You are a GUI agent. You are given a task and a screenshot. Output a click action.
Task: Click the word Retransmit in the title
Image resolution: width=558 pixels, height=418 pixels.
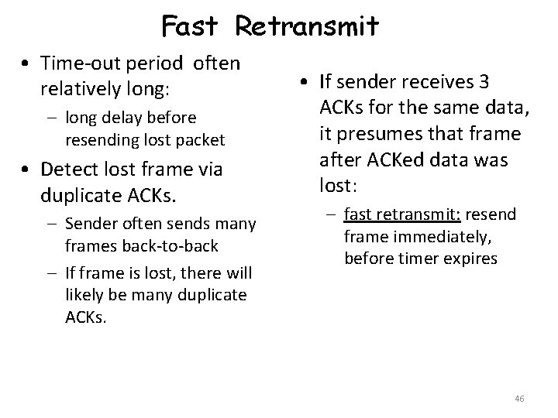click(308, 27)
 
